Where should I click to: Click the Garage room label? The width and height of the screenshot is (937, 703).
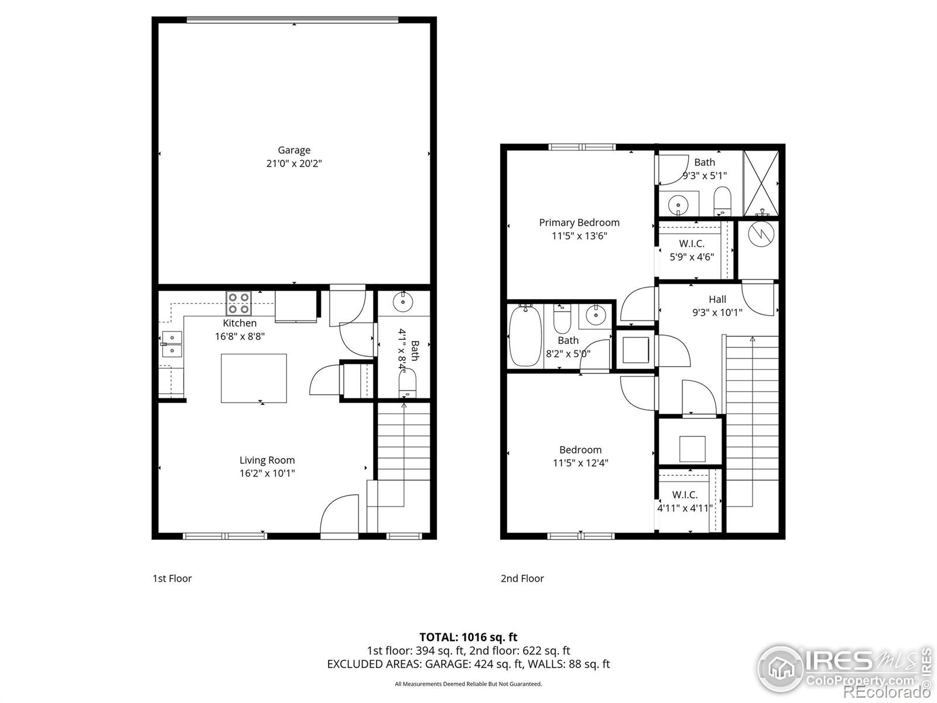[x=294, y=150]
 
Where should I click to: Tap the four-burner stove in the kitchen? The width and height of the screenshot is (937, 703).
[x=238, y=303]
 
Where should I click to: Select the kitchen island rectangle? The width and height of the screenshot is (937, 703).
[x=254, y=378]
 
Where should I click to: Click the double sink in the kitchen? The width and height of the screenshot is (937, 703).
[x=172, y=344]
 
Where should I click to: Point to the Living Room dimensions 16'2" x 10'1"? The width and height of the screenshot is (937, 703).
[x=267, y=473]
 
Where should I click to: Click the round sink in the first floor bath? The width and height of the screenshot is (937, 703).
[x=402, y=302]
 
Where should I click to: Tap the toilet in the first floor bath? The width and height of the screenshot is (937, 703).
[x=407, y=384]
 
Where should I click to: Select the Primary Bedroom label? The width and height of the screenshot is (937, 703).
[x=579, y=223]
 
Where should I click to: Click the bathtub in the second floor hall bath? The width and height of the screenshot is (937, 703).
[x=525, y=336]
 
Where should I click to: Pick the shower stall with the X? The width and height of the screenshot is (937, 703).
[x=761, y=183]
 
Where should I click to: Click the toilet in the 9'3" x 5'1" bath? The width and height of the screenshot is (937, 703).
[x=722, y=200]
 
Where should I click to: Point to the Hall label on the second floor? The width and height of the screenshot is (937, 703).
[x=717, y=299]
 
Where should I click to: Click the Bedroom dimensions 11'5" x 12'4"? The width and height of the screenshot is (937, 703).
[x=580, y=463]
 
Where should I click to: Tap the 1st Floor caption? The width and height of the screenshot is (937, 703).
[x=172, y=578]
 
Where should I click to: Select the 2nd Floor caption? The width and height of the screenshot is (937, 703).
[x=522, y=578]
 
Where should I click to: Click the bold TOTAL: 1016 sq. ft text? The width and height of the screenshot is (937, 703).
[x=468, y=637]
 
